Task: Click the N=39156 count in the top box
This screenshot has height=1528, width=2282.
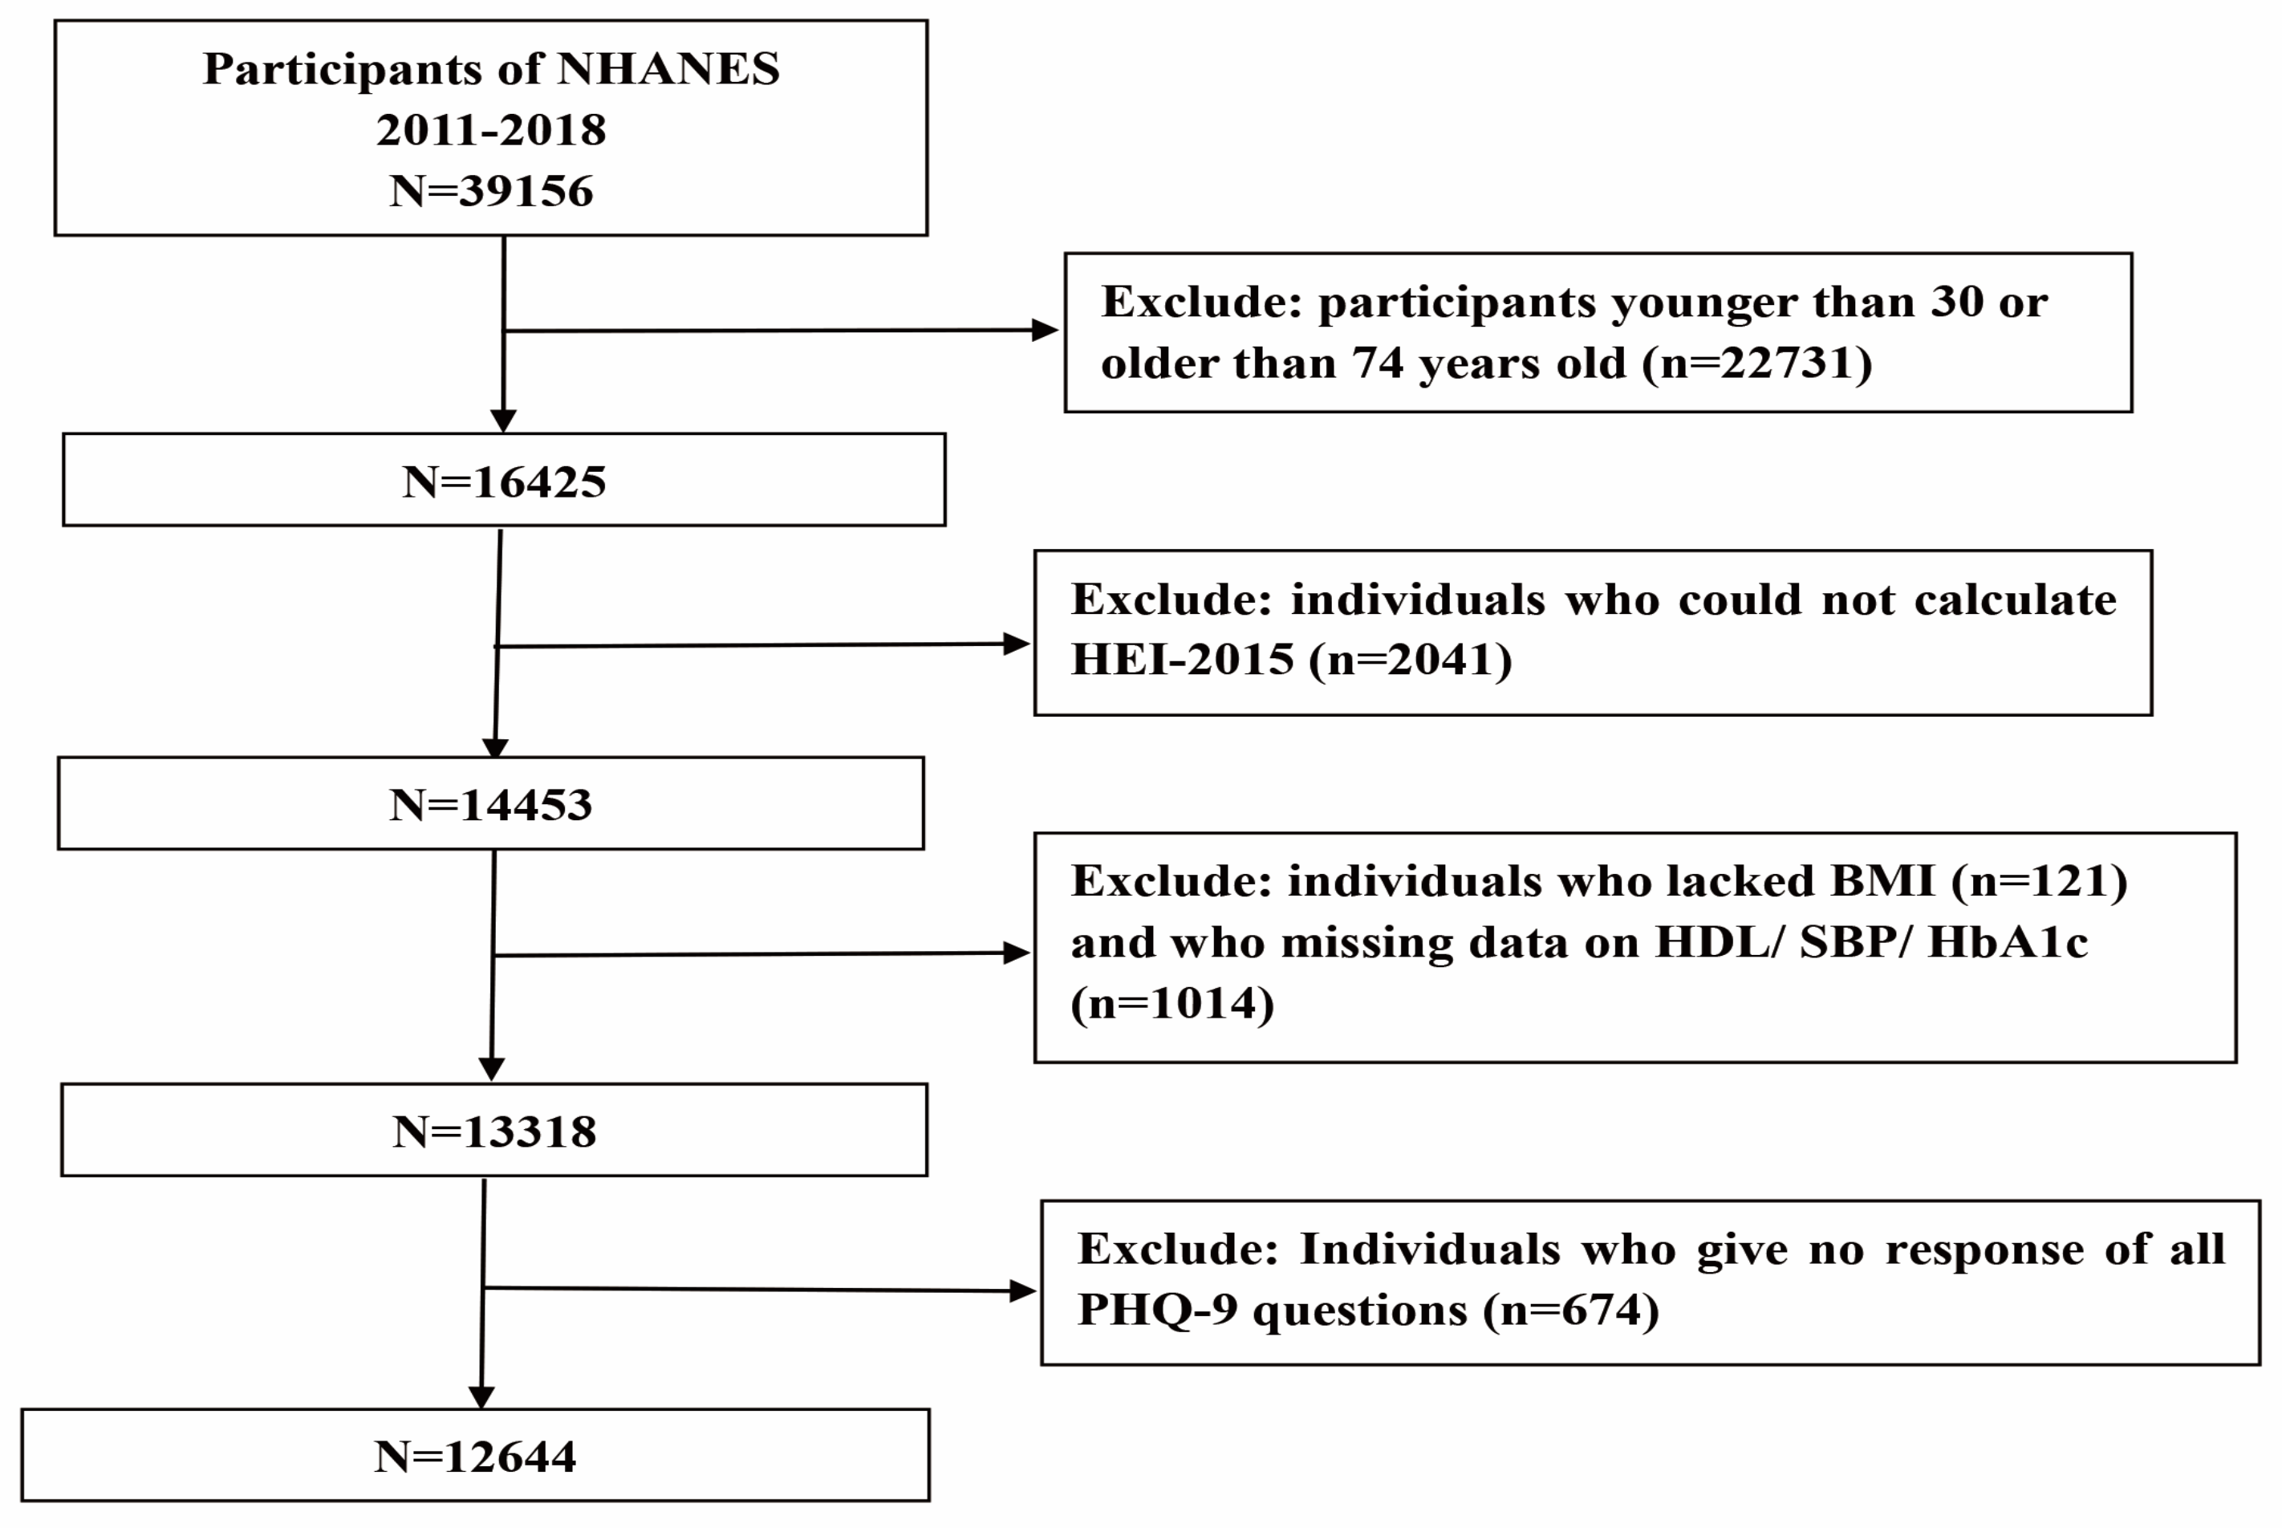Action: pos(491,191)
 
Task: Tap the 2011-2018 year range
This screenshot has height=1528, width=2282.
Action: pos(491,130)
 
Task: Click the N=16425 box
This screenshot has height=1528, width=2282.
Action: pos(504,482)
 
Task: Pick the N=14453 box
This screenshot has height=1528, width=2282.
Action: pos(490,805)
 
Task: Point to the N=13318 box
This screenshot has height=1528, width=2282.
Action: pos(494,1132)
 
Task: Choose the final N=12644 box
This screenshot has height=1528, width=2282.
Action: pos(476,1457)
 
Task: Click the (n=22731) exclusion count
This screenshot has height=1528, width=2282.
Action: pos(1756,364)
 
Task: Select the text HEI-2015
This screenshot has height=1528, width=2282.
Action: pos(1182,660)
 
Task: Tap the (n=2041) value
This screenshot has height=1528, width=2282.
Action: pos(1409,660)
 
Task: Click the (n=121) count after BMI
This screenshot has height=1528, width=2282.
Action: pos(2038,881)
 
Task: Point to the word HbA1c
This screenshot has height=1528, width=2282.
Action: pos(2008,942)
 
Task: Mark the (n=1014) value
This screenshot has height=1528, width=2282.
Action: pos(1171,1003)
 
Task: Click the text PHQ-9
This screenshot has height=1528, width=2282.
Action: pos(1156,1310)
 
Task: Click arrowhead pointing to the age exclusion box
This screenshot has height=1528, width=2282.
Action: pos(1046,329)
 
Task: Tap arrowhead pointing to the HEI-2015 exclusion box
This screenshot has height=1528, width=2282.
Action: pos(1017,643)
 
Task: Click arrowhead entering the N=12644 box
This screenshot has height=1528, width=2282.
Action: pos(481,1396)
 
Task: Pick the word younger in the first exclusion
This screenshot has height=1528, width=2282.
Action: pos(1704,303)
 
